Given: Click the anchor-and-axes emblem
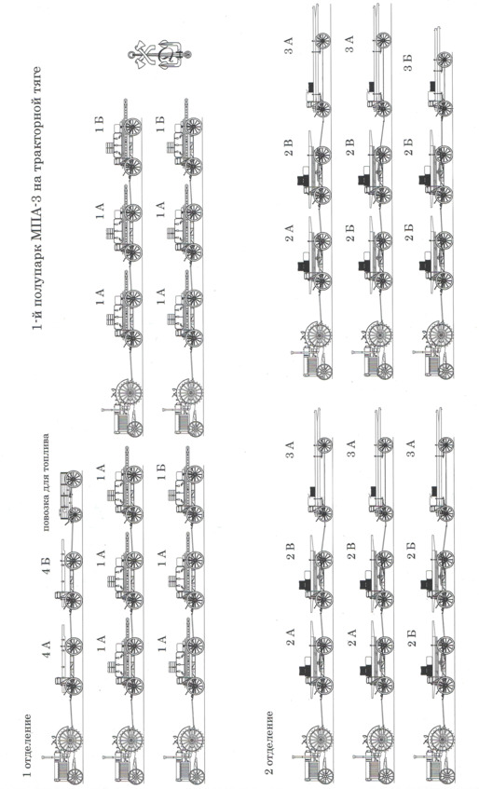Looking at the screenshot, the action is [161, 53].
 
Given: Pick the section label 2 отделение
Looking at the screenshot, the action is [270, 742].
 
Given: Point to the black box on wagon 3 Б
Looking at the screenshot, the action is [431, 86].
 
